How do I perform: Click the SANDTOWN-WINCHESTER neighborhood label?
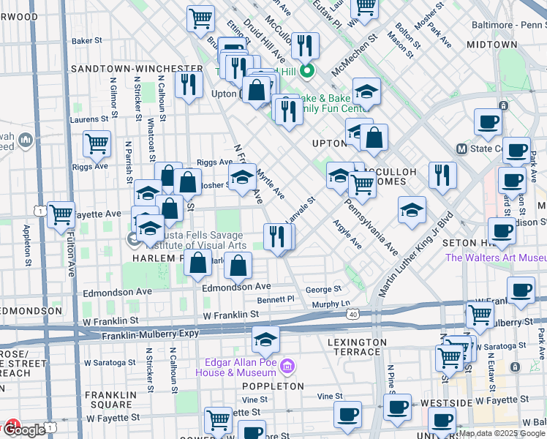[x=121, y=68]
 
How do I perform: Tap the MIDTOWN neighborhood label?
[x=491, y=45]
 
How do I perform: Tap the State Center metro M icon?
[x=461, y=149]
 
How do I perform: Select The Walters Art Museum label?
[x=496, y=258]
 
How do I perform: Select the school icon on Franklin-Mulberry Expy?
[x=266, y=339]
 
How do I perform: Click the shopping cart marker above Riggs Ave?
[x=97, y=143]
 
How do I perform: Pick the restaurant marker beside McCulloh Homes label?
[x=442, y=175]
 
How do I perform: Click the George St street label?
[x=328, y=289]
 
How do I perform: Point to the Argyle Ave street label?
[x=347, y=232]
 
